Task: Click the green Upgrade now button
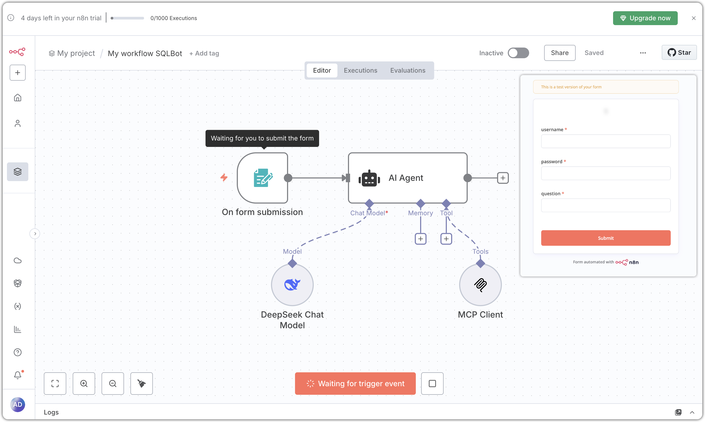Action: [x=645, y=18]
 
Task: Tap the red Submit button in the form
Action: [x=605, y=238]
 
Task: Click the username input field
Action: [x=605, y=141]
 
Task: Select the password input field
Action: [x=605, y=173]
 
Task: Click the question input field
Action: [x=605, y=205]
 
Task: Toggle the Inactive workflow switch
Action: [x=518, y=53]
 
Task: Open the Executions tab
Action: [x=360, y=71]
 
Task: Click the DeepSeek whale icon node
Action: [x=292, y=285]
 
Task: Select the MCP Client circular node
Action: [x=480, y=285]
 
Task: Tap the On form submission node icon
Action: [x=263, y=178]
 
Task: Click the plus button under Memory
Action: [x=420, y=239]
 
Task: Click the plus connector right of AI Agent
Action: [x=503, y=178]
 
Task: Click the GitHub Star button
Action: [x=679, y=53]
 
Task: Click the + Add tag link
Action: [x=204, y=53]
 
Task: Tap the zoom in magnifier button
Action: [x=84, y=383]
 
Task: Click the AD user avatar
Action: [x=18, y=404]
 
